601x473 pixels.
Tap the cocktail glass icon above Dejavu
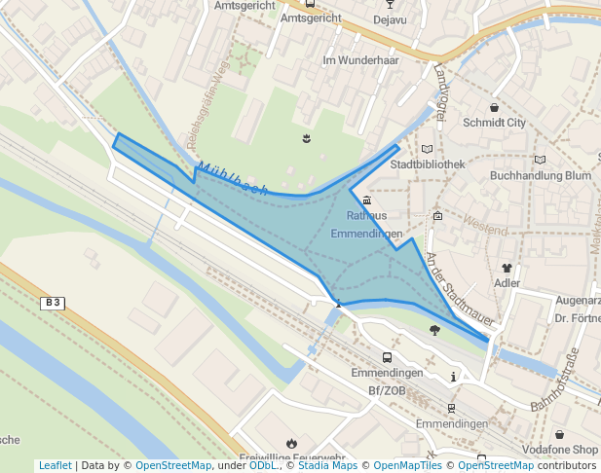[390, 3]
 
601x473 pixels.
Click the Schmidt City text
[494, 123]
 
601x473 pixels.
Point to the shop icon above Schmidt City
[495, 107]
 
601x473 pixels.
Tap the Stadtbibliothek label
[427, 164]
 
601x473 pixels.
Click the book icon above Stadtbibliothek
[427, 149]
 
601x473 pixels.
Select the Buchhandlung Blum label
[541, 176]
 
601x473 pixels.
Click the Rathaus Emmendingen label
[366, 225]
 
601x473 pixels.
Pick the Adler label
[507, 283]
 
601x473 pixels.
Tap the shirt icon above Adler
[507, 268]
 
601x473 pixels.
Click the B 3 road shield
[53, 303]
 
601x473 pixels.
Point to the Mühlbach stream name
[232, 178]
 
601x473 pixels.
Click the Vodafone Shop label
[560, 450]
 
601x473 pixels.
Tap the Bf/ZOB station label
[387, 390]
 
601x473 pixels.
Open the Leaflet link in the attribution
[55, 466]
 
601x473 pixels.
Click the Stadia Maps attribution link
[326, 466]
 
